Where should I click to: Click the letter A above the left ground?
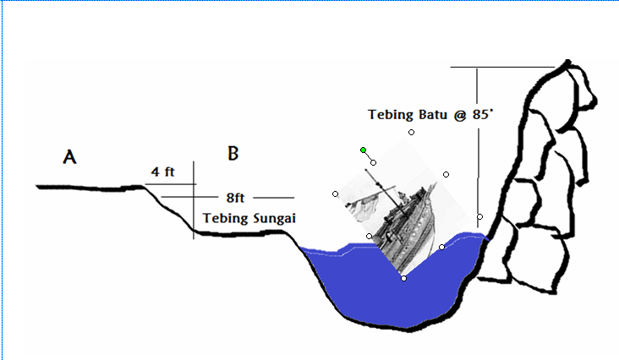coord(70,156)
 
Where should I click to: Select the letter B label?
coord(233,153)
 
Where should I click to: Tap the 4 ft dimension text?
coord(162,172)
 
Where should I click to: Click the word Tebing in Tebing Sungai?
coord(222,218)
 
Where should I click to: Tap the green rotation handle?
coord(363,150)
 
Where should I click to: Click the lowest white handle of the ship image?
coord(403,278)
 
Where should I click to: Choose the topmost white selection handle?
coord(411,133)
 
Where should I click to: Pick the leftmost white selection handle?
coord(336,194)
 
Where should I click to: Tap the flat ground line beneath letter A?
coord(85,185)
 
